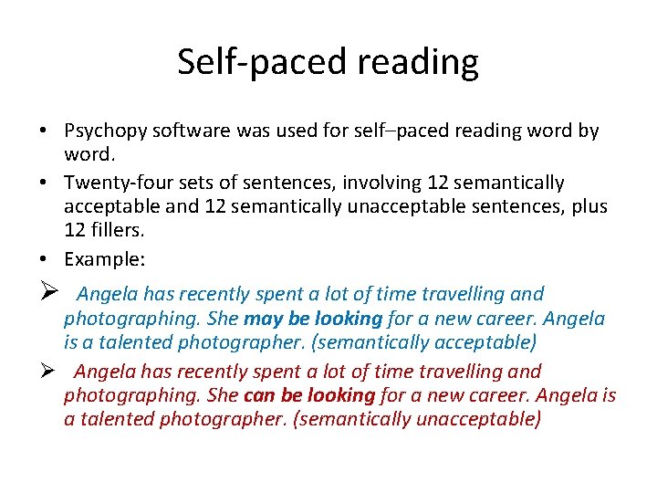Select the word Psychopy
[104, 131]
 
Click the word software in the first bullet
[190, 131]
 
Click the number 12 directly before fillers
[75, 231]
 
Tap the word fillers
[118, 231]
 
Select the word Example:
[104, 259]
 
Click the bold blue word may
[261, 319]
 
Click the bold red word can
[259, 395]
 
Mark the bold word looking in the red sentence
[340, 395]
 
